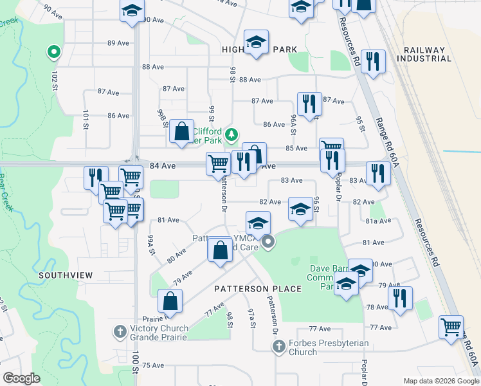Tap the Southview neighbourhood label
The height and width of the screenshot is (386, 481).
(66, 275)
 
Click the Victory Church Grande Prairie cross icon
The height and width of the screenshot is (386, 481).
(120, 332)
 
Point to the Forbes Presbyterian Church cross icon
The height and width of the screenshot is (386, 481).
(278, 347)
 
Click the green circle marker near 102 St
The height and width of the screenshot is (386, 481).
(54, 51)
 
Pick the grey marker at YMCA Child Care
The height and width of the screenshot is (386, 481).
(268, 243)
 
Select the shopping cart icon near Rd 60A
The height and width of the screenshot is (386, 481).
(451, 326)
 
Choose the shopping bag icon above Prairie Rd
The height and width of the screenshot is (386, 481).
(170, 300)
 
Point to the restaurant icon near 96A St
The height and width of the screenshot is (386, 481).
(309, 104)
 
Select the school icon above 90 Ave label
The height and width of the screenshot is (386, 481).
(132, 11)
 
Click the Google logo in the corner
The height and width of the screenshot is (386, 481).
(21, 378)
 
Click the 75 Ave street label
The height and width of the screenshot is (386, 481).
(153, 365)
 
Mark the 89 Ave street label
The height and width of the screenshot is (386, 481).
(118, 43)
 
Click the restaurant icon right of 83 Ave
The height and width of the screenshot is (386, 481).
(377, 173)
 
